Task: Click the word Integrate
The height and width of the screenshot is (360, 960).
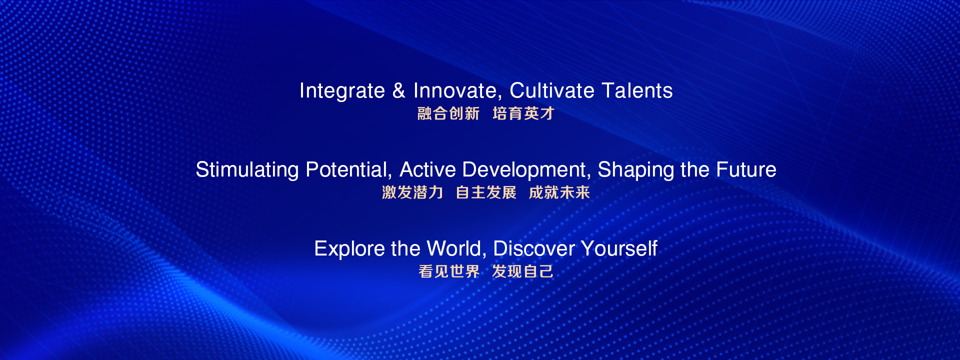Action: tap(342, 91)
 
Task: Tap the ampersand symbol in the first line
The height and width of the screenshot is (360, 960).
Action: tap(399, 90)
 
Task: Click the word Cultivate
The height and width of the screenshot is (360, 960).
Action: tap(552, 90)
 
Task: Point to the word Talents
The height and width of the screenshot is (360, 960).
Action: tap(637, 90)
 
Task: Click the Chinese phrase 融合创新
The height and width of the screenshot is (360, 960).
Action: tap(448, 113)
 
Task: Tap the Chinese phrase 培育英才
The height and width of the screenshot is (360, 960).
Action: tap(523, 113)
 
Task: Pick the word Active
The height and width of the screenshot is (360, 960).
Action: tap(427, 169)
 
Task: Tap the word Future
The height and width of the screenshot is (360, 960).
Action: tap(746, 169)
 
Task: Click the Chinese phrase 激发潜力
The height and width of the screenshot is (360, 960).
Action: tap(412, 192)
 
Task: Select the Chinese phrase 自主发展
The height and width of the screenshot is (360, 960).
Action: tap(486, 192)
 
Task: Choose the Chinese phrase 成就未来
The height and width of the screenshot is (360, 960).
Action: tap(559, 192)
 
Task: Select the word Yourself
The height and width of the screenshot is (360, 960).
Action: tap(619, 248)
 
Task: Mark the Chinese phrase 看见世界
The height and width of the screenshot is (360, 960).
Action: tap(449, 271)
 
